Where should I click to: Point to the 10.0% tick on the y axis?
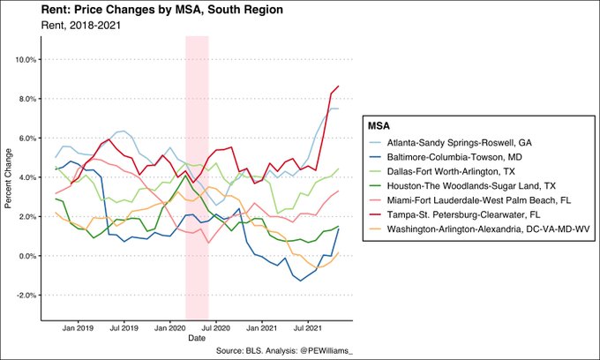click(26, 60)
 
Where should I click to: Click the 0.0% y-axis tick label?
click(27, 256)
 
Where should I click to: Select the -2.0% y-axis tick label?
click(26, 296)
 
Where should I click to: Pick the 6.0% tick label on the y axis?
click(27, 139)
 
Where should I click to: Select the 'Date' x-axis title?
click(197, 338)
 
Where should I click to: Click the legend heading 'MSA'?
click(381, 126)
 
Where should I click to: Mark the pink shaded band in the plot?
click(197, 176)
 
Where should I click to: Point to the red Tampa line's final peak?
click(339, 86)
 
